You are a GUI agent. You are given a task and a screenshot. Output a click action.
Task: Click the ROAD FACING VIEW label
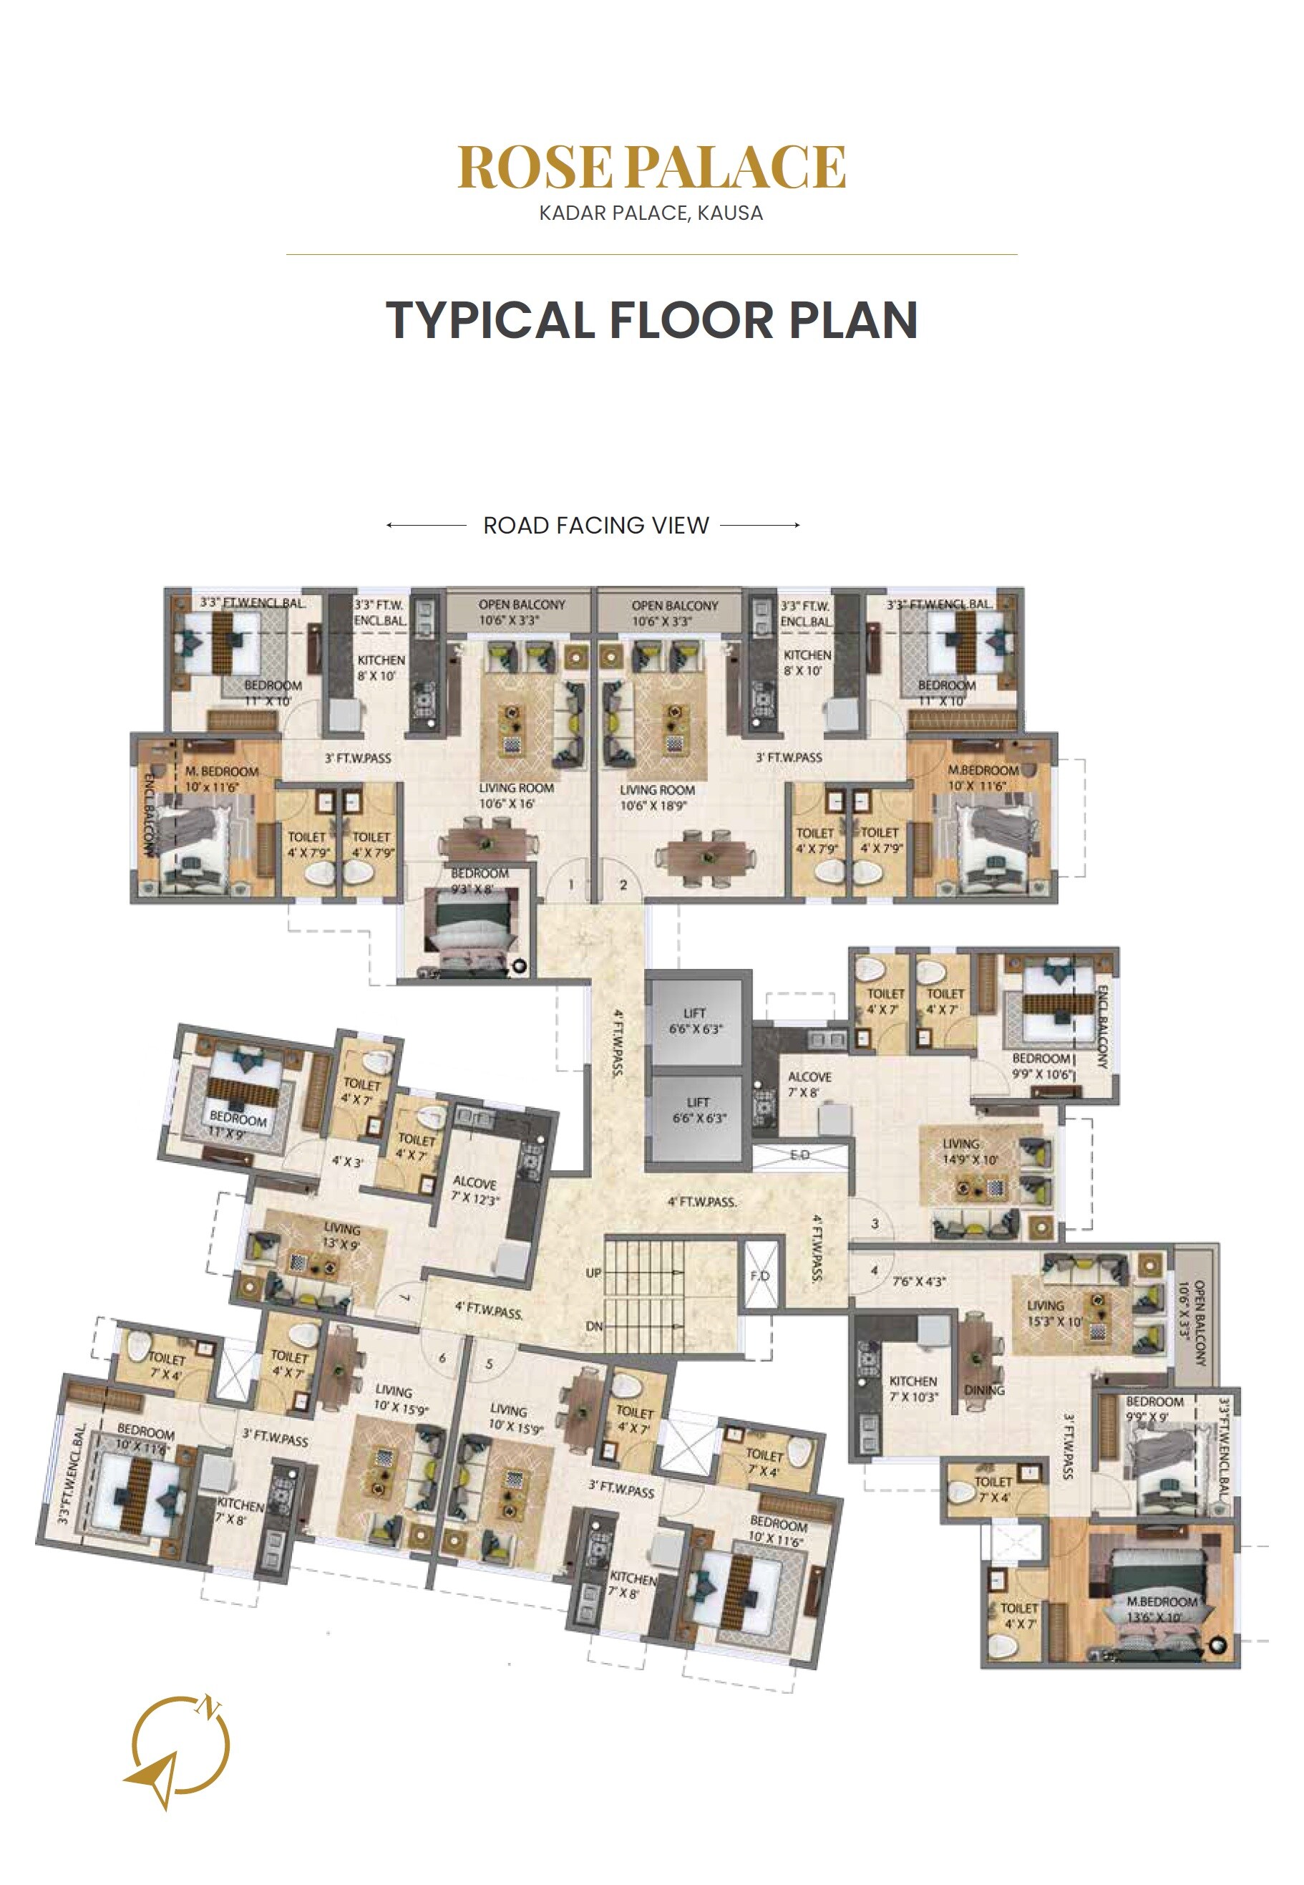coord(595,526)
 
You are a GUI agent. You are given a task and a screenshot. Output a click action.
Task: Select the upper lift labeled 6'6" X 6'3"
coord(696,1021)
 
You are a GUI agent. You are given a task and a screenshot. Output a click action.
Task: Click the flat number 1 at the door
coord(571,884)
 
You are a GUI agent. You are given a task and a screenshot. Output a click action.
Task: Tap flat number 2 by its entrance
coord(623,884)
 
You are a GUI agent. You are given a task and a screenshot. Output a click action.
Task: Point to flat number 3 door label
coord(875,1224)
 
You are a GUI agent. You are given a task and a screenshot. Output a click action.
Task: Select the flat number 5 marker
coord(490,1364)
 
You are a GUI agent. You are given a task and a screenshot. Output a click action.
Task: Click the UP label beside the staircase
coord(594,1273)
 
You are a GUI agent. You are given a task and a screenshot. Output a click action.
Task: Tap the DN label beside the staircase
coord(594,1326)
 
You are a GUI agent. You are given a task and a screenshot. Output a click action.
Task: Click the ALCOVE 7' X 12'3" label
coord(475,1191)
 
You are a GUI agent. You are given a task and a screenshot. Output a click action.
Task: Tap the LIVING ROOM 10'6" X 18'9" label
coord(657,797)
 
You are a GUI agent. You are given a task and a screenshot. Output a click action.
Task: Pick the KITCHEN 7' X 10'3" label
coord(913,1389)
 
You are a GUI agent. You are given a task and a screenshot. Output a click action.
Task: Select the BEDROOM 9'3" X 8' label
coord(479,880)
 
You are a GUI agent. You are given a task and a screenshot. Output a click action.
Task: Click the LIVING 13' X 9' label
coord(341,1236)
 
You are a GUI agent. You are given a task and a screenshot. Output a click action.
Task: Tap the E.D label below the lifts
coord(800,1154)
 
